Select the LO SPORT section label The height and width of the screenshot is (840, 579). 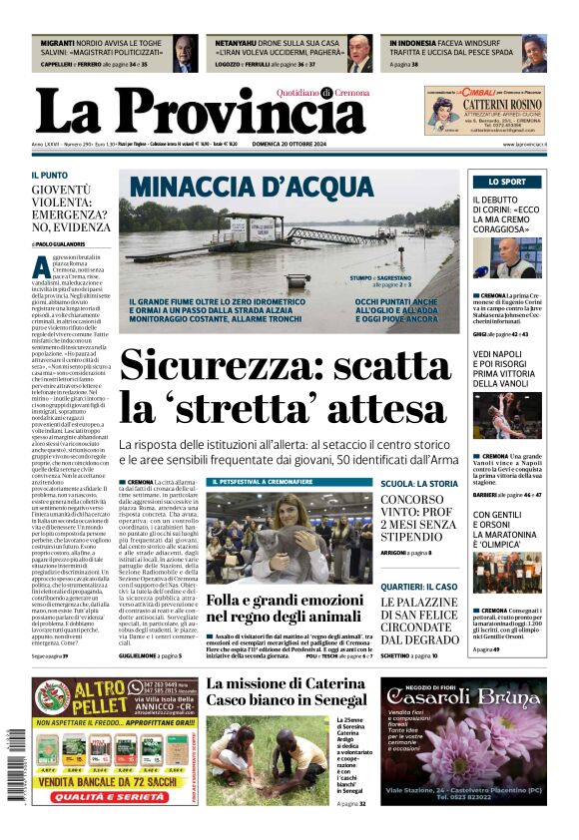click(x=507, y=182)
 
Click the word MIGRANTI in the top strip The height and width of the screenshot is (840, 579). click(x=60, y=44)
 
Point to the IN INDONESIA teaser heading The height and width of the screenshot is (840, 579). click(x=416, y=44)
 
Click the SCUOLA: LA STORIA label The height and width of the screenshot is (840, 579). click(x=419, y=483)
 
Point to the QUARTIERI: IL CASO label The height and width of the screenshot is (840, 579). click(x=418, y=587)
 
